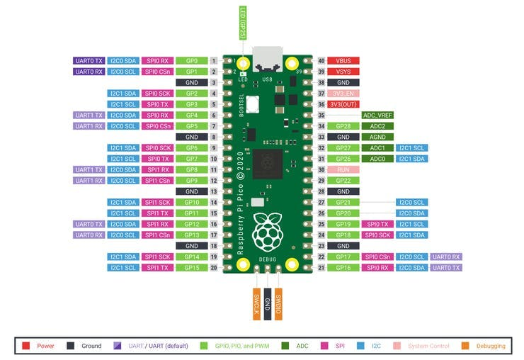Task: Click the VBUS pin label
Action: [345, 61]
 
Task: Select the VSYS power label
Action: [345, 72]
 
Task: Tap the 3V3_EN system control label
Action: [345, 93]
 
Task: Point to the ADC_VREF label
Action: [377, 115]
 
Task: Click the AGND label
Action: [377, 137]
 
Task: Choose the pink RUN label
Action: [345, 169]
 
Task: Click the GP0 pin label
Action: [192, 61]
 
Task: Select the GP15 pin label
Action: [192, 268]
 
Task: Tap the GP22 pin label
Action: [345, 181]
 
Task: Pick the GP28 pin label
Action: [345, 126]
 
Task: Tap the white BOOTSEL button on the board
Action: [252, 106]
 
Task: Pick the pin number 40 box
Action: [321, 61]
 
